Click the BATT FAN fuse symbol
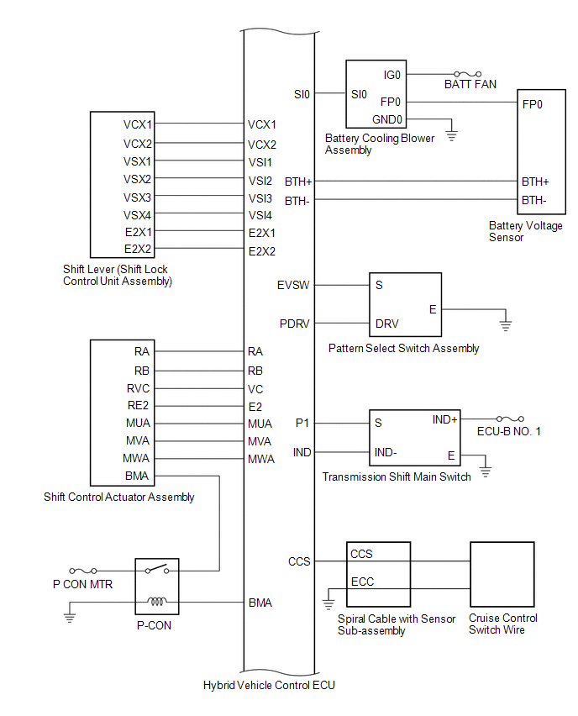point(467,74)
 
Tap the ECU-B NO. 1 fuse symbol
point(510,419)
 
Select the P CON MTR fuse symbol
point(82,571)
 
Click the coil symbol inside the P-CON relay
point(156,602)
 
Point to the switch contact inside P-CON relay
point(156,568)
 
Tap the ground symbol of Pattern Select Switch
point(506,325)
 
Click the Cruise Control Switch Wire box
point(502,575)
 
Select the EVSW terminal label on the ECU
point(293,286)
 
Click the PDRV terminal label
point(295,324)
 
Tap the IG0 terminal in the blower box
point(391,75)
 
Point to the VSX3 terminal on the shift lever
point(137,197)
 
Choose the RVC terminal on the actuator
point(138,388)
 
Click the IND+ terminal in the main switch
point(444,419)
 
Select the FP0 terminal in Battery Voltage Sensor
point(533,104)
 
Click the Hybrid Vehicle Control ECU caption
point(269,685)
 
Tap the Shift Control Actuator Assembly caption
point(118,497)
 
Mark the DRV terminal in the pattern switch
point(386,324)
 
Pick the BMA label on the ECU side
point(260,603)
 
